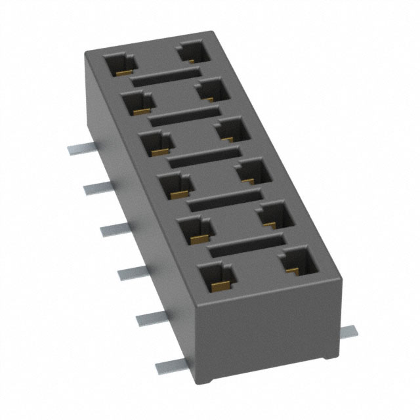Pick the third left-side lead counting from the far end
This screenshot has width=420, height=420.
pos(113,228)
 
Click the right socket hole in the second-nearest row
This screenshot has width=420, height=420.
pos(276,215)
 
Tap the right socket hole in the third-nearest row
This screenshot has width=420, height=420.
pos(255,171)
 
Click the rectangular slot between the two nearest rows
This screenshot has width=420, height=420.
pos(246,246)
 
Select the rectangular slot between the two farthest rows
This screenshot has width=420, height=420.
pos(164,76)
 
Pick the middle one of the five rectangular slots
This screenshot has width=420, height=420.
pos(205,157)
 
